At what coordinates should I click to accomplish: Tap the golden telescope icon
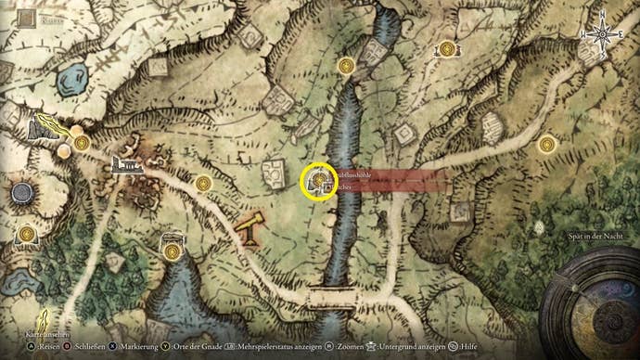pos(249,229)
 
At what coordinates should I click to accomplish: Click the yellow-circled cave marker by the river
pos(319,179)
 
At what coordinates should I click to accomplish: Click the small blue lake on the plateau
pos(70,83)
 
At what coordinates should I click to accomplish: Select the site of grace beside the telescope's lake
pos(172,251)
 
